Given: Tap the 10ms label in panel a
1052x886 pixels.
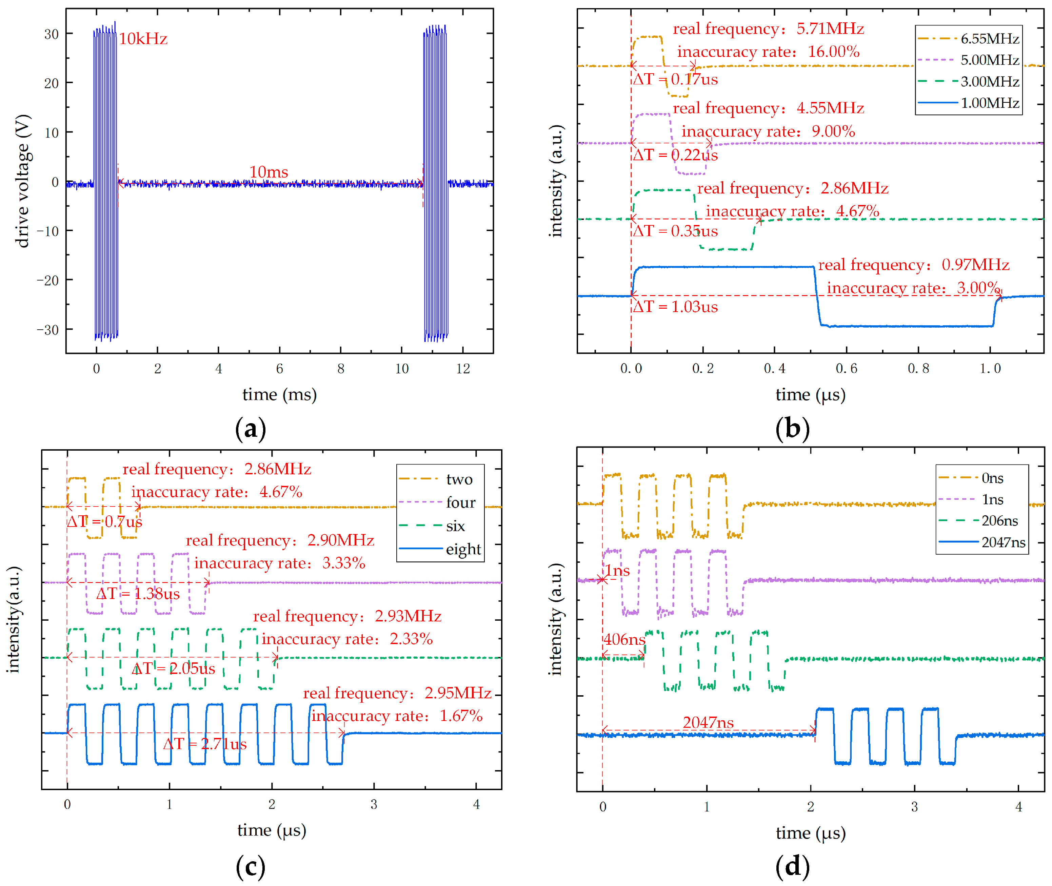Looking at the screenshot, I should [269, 172].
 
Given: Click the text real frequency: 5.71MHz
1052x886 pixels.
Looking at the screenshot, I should [768, 28].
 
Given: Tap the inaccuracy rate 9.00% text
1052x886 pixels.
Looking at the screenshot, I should [768, 131].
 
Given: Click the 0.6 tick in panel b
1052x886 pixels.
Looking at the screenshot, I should [847, 368].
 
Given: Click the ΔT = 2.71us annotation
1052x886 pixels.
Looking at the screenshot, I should [204, 743].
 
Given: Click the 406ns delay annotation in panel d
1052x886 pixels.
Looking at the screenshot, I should [624, 639].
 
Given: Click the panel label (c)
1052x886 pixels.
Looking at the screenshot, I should [250, 866].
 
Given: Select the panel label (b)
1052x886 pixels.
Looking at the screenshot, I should [792, 429].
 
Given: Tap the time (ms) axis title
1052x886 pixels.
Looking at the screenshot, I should [279, 395].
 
